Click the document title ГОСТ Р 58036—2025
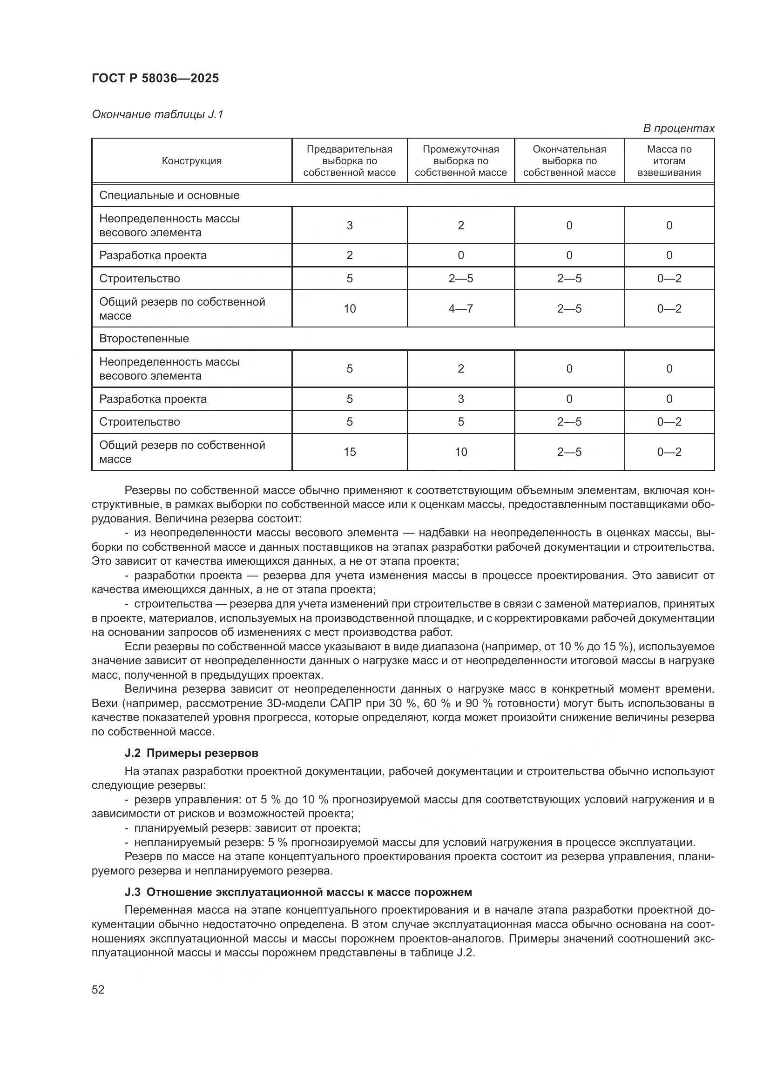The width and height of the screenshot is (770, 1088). point(155,78)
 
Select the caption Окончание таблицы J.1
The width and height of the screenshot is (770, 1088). point(157,114)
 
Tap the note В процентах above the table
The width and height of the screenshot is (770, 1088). point(678,128)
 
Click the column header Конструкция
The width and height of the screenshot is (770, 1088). point(191,160)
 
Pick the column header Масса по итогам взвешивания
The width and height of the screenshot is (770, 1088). point(669,160)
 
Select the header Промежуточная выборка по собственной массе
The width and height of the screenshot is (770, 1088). point(460,160)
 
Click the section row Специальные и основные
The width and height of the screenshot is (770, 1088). point(169,195)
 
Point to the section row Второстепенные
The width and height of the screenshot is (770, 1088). point(144,338)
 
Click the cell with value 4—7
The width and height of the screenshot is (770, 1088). point(460,308)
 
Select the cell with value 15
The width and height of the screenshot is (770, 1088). point(350,452)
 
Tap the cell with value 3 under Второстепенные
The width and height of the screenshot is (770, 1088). point(460,399)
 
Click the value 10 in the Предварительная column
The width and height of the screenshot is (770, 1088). point(350,308)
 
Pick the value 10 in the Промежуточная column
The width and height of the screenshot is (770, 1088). point(460,452)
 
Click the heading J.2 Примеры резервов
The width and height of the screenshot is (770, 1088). point(191,753)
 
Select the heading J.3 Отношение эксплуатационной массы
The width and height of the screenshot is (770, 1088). point(298,892)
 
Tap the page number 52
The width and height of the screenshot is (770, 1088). point(98,989)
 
